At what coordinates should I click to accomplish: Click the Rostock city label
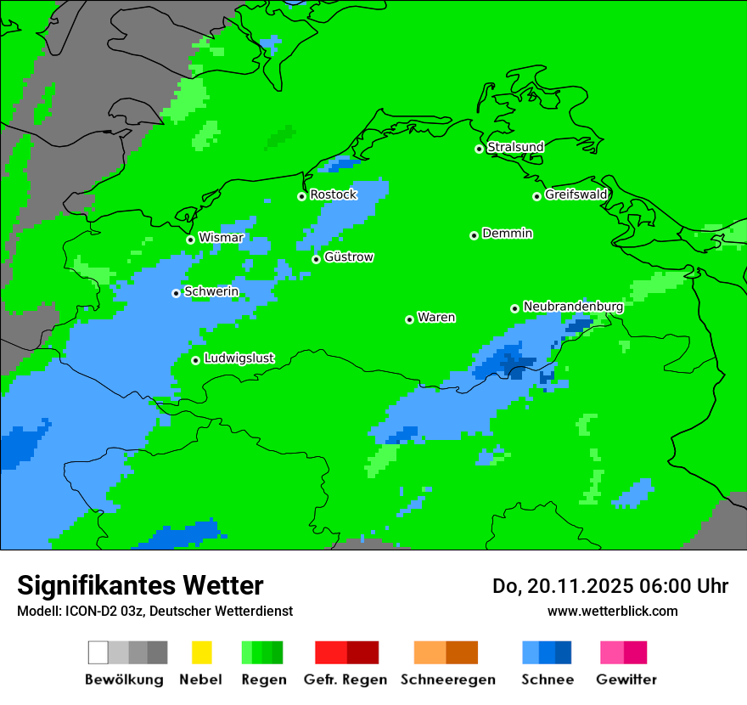(x=333, y=195)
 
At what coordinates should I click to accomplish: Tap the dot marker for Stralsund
(x=479, y=149)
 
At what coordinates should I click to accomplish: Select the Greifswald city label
(x=576, y=195)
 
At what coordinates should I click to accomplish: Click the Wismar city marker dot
(x=190, y=240)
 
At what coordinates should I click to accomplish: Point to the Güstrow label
(x=348, y=257)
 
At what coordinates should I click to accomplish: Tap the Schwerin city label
(x=211, y=292)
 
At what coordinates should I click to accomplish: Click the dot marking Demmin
(x=474, y=235)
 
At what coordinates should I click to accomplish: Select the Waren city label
(x=436, y=318)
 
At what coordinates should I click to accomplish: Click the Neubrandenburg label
(x=573, y=307)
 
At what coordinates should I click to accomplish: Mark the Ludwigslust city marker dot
(x=195, y=360)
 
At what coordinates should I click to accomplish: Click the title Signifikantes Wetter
(x=140, y=585)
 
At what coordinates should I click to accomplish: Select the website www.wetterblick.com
(x=612, y=611)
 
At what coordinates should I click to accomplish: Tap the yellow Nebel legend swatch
(x=201, y=652)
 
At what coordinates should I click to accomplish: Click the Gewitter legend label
(x=626, y=680)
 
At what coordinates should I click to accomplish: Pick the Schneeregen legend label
(x=447, y=680)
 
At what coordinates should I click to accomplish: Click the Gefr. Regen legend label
(x=345, y=680)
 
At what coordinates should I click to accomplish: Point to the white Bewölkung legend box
(x=98, y=652)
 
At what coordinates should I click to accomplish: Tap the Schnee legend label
(x=548, y=680)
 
